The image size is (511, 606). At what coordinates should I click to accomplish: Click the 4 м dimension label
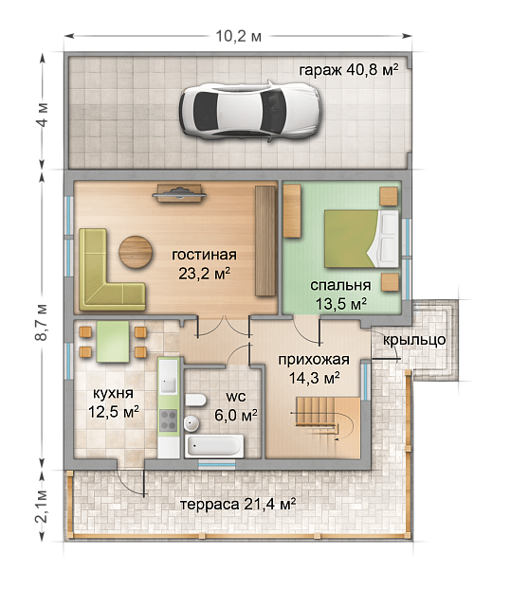click(x=41, y=123)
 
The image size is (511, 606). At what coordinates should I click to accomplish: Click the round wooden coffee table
click(x=135, y=252)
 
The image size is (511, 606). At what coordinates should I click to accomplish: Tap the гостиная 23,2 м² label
click(x=204, y=264)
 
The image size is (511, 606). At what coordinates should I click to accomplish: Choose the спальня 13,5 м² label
click(x=339, y=294)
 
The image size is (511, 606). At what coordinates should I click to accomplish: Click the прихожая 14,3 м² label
click(x=314, y=368)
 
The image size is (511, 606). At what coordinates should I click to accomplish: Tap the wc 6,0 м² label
click(x=238, y=406)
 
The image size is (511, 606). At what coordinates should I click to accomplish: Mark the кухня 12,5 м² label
click(x=113, y=401)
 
